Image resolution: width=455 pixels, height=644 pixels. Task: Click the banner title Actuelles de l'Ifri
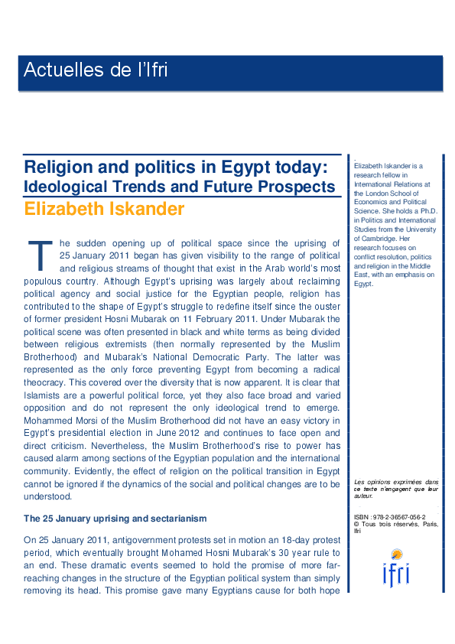[96, 71]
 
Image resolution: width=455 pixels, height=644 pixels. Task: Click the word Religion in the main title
[58, 167]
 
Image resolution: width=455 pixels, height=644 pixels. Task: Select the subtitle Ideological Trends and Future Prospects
[180, 187]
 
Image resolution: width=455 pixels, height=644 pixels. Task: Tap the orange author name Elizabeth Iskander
[104, 209]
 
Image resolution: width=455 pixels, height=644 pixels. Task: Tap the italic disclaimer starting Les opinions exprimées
[396, 489]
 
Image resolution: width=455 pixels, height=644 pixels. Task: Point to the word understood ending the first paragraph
[48, 496]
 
